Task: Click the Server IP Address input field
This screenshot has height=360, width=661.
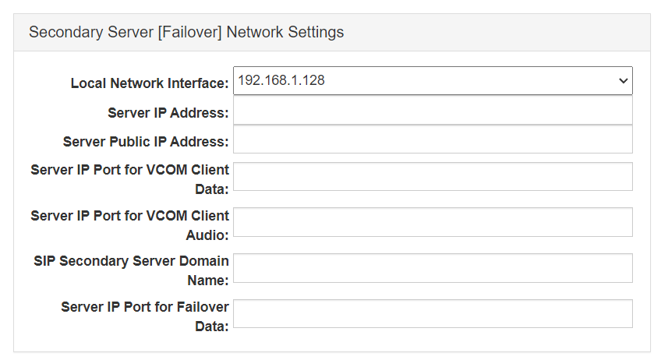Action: pos(433,111)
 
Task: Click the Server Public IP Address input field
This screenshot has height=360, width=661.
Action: pos(433,139)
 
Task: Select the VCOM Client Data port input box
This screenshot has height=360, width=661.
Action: pos(433,177)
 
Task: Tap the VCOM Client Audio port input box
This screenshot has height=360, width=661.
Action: pos(433,222)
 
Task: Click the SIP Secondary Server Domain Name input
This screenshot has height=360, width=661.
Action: pos(433,268)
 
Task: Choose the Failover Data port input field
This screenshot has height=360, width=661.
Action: pos(433,313)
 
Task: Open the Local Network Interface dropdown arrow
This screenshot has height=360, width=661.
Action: pos(623,81)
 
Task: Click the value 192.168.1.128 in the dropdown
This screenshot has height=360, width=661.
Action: pos(281,80)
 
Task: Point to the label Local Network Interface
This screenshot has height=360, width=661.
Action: pos(150,83)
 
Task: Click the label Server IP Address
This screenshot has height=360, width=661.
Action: pos(168,113)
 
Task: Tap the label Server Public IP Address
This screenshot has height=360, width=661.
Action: pos(146,142)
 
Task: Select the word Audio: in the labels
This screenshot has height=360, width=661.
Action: pos(207,235)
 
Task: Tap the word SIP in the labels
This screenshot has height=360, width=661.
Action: pos(44,261)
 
